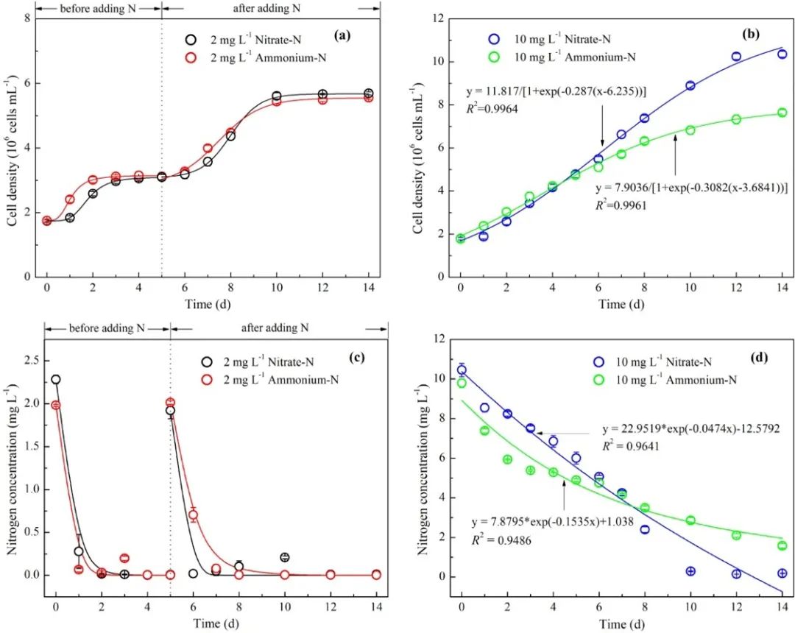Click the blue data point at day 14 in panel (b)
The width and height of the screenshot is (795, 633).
click(782, 54)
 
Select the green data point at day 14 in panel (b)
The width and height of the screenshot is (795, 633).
click(782, 113)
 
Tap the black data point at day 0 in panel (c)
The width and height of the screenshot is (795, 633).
click(56, 380)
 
